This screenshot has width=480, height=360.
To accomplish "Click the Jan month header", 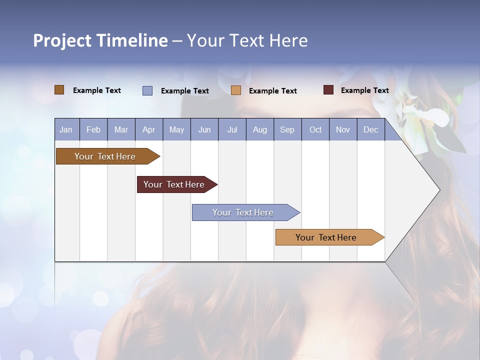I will [x=66, y=130].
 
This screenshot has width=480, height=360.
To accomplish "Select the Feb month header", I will [x=93, y=130].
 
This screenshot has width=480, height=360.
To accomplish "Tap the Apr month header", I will [x=148, y=130].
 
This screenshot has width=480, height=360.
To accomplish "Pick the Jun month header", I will [x=204, y=130].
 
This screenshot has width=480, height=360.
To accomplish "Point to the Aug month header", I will [x=259, y=130].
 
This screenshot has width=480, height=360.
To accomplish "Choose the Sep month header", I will [x=287, y=130].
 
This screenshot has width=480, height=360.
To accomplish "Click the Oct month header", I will [x=315, y=130].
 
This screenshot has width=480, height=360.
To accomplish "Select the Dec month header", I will [x=370, y=130].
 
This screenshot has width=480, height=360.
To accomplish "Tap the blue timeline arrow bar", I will [x=243, y=212].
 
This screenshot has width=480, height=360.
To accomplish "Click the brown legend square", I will [x=59, y=90].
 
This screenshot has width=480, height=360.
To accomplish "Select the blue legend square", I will [x=147, y=90].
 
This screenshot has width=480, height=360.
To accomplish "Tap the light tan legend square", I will [x=236, y=90].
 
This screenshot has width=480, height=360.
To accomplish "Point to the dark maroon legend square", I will [x=328, y=90].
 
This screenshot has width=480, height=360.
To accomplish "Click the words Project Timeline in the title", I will [x=100, y=40].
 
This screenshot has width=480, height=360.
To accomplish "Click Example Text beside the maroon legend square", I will [x=364, y=90].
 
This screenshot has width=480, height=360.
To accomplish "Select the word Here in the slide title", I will [x=288, y=40].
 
